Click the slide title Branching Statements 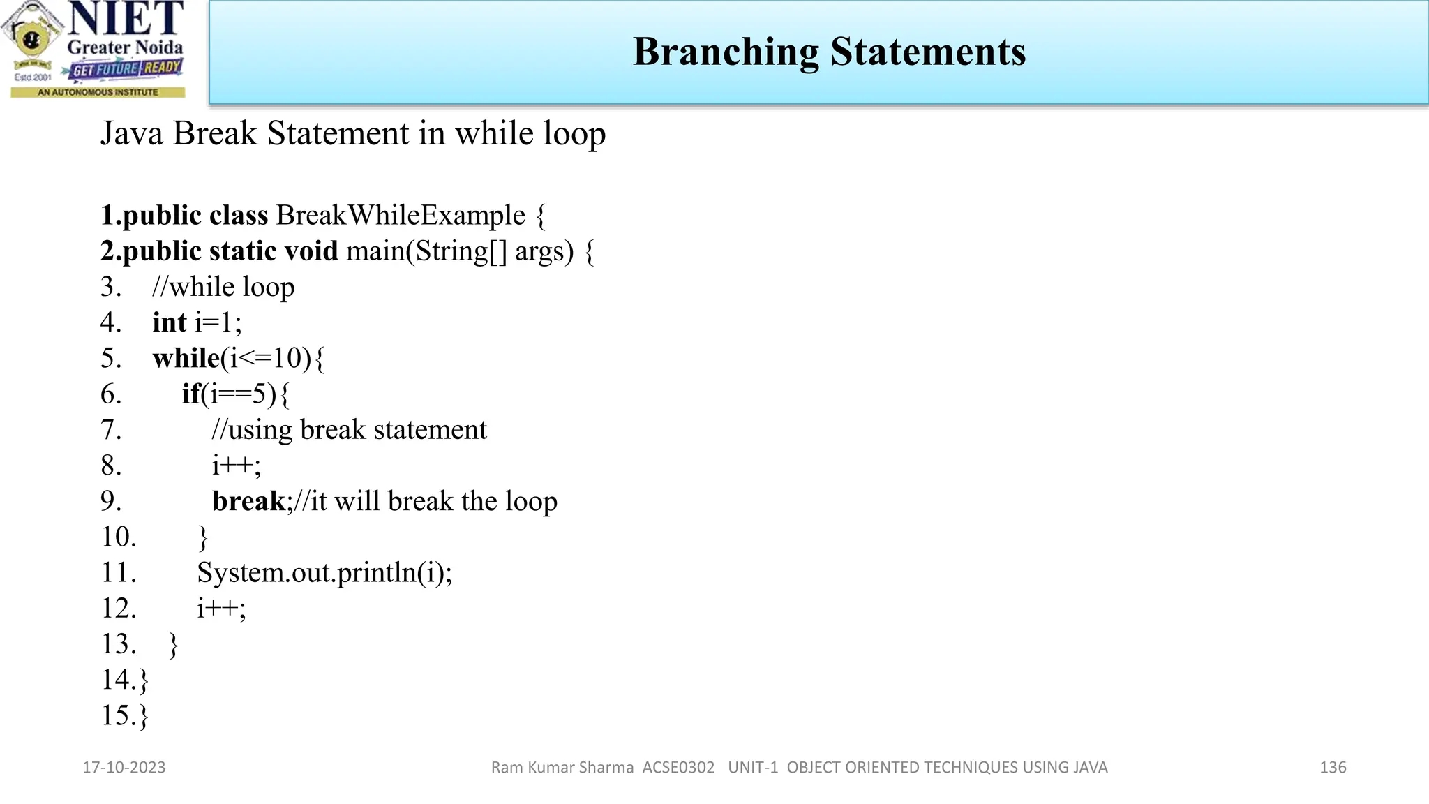(x=829, y=52)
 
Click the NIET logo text (x=126, y=19)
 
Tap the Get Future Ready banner (x=126, y=69)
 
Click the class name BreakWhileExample (x=401, y=216)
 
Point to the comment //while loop (x=223, y=288)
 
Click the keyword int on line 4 (x=170, y=323)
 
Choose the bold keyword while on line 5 (x=186, y=359)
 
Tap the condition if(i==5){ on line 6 (x=236, y=394)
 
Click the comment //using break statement (x=349, y=430)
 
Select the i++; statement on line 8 (x=237, y=466)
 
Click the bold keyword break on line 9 (x=248, y=502)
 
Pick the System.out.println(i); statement (x=324, y=573)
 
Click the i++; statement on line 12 (x=221, y=609)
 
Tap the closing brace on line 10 (x=203, y=538)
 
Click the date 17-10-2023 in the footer (x=124, y=768)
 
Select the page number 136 (x=1333, y=768)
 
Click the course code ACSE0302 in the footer (x=678, y=768)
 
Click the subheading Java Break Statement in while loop (x=353, y=134)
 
